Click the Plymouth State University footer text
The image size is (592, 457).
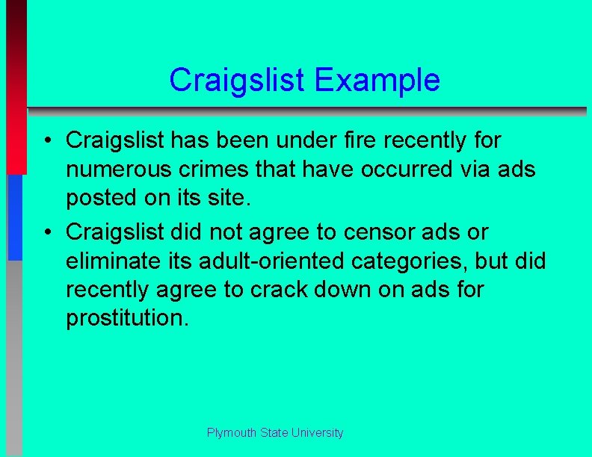coord(275,432)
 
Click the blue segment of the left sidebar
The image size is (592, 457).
coord(15,217)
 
